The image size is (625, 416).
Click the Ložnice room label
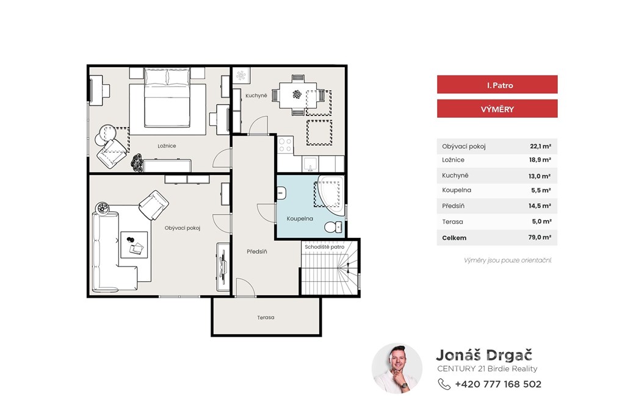(x=167, y=146)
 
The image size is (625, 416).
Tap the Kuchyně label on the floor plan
(x=256, y=96)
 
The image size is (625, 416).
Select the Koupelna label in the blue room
(x=300, y=219)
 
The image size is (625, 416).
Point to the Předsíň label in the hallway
(x=257, y=252)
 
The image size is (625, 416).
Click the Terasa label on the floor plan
(x=266, y=318)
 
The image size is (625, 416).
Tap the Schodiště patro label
(x=325, y=247)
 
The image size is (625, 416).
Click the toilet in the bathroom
(x=334, y=227)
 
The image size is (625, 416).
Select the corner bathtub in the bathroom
(x=330, y=195)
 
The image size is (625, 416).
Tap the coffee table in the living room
(x=134, y=245)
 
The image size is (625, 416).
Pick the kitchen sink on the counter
(x=310, y=163)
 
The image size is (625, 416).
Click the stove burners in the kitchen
(x=285, y=145)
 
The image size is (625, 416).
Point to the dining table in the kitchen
(x=298, y=95)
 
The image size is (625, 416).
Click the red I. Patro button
(x=497, y=85)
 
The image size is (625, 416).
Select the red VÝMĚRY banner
(x=497, y=109)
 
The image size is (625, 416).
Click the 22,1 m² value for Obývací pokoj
(x=541, y=146)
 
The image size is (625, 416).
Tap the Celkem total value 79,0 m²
(x=540, y=237)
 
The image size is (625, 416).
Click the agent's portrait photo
(x=397, y=368)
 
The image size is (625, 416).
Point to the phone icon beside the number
(x=444, y=384)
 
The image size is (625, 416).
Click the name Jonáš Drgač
(x=484, y=354)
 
